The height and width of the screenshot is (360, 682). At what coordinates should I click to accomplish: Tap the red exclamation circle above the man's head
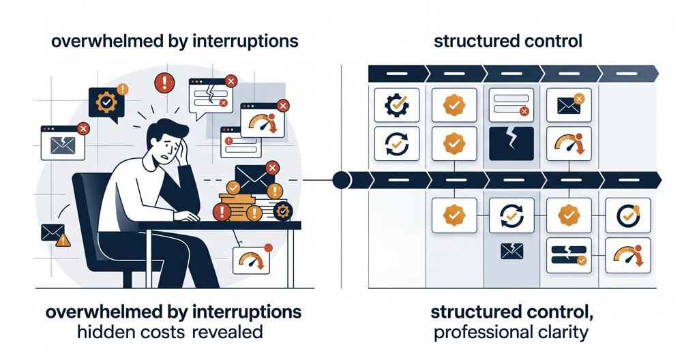pyautogui.click(x=164, y=82)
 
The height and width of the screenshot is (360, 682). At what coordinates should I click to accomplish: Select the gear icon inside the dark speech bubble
pyautogui.click(x=106, y=102)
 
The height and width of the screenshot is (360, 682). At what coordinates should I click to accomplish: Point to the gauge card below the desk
pyautogui.click(x=251, y=260)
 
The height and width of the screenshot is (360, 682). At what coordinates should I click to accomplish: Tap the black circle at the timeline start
pyautogui.click(x=341, y=180)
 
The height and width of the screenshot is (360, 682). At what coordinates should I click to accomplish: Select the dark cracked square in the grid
pyautogui.click(x=511, y=144)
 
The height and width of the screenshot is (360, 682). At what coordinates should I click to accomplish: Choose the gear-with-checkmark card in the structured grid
pyautogui.click(x=397, y=105)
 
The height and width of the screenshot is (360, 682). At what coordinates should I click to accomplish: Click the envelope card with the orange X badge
pyautogui.click(x=569, y=105)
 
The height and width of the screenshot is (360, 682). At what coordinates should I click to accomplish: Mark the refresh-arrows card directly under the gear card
pyautogui.click(x=397, y=144)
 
